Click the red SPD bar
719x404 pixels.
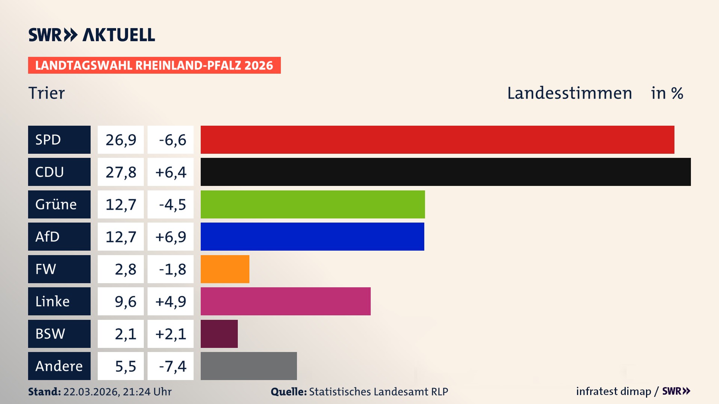point(437,140)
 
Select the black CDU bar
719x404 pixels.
point(446,172)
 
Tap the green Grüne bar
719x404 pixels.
point(313,204)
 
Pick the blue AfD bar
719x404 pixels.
point(312,236)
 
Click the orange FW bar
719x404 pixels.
point(225,269)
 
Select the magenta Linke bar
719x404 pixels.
point(285,301)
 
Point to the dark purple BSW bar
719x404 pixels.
point(219,334)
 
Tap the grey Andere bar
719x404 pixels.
point(249,366)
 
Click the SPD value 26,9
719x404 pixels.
point(121,140)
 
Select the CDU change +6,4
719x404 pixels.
point(171,172)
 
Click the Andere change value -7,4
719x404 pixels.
point(172,366)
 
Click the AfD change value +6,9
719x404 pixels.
point(171,237)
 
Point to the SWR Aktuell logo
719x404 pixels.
point(92,35)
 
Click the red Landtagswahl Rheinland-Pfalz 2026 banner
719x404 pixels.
point(154,65)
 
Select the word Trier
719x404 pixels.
point(46,93)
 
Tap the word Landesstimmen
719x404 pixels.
point(569,93)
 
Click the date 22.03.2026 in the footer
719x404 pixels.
point(91,392)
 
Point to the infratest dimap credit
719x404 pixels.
point(613,391)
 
